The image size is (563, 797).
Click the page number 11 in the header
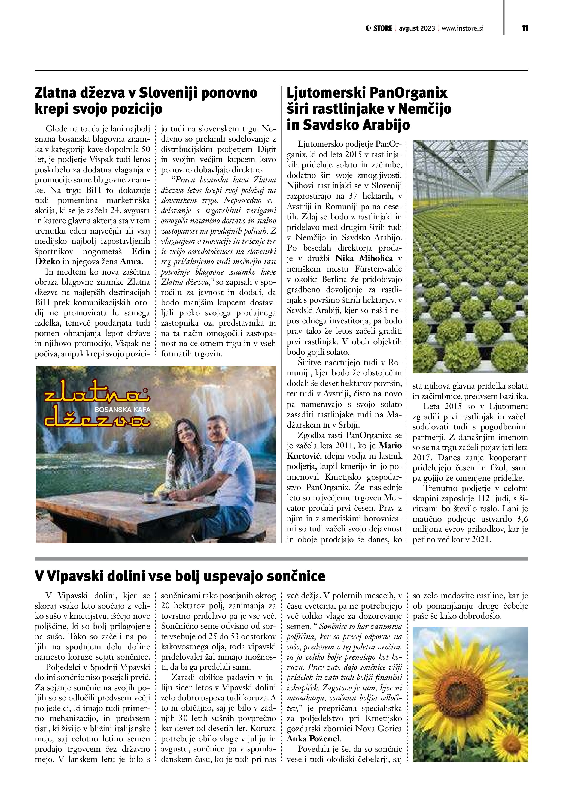(525, 28)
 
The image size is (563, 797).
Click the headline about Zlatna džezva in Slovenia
(146, 101)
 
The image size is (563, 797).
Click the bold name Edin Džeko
(93, 256)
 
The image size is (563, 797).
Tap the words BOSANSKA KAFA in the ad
(122, 410)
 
